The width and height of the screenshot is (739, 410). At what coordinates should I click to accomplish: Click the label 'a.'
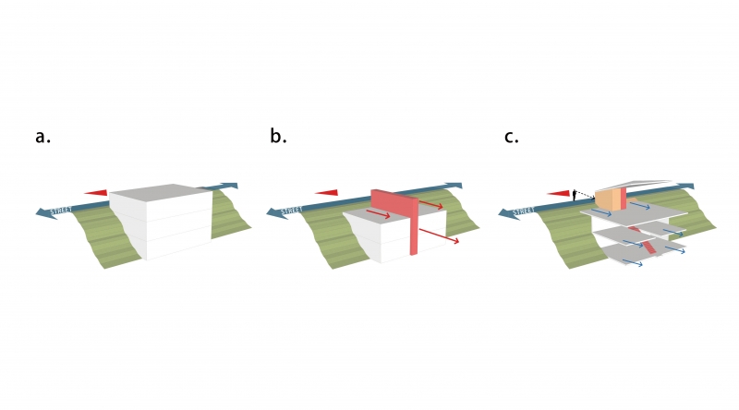(x=42, y=138)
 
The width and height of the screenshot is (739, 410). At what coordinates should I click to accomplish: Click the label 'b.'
(x=278, y=138)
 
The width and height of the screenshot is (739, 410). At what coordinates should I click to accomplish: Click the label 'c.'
(x=512, y=138)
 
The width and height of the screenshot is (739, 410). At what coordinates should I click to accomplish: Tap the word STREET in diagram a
(x=60, y=210)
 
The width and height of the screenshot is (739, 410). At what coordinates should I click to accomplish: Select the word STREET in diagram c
(x=523, y=210)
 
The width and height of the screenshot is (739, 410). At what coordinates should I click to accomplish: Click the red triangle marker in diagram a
(x=97, y=193)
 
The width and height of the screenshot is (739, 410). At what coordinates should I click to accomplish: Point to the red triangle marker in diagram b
(x=327, y=193)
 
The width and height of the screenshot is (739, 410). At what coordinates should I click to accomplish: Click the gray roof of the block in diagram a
(x=163, y=193)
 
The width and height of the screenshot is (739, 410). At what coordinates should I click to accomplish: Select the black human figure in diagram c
(x=575, y=193)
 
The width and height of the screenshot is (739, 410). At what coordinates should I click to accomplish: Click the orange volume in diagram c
(x=608, y=199)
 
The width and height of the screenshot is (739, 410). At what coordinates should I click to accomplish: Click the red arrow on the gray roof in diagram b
(x=376, y=215)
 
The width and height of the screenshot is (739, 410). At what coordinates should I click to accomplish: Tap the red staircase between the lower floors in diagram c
(x=649, y=247)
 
